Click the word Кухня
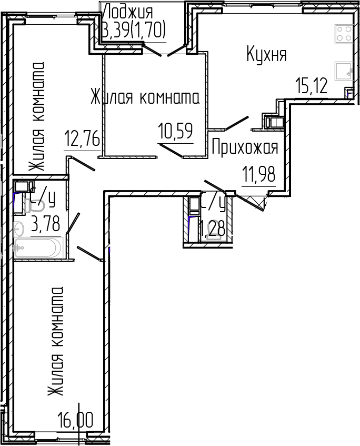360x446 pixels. pyautogui.click(x=267, y=55)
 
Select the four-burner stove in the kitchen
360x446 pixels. pyautogui.click(x=344, y=34)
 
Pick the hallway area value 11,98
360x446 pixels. pyautogui.click(x=258, y=174)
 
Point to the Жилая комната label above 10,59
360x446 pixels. pyautogui.click(x=144, y=97)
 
